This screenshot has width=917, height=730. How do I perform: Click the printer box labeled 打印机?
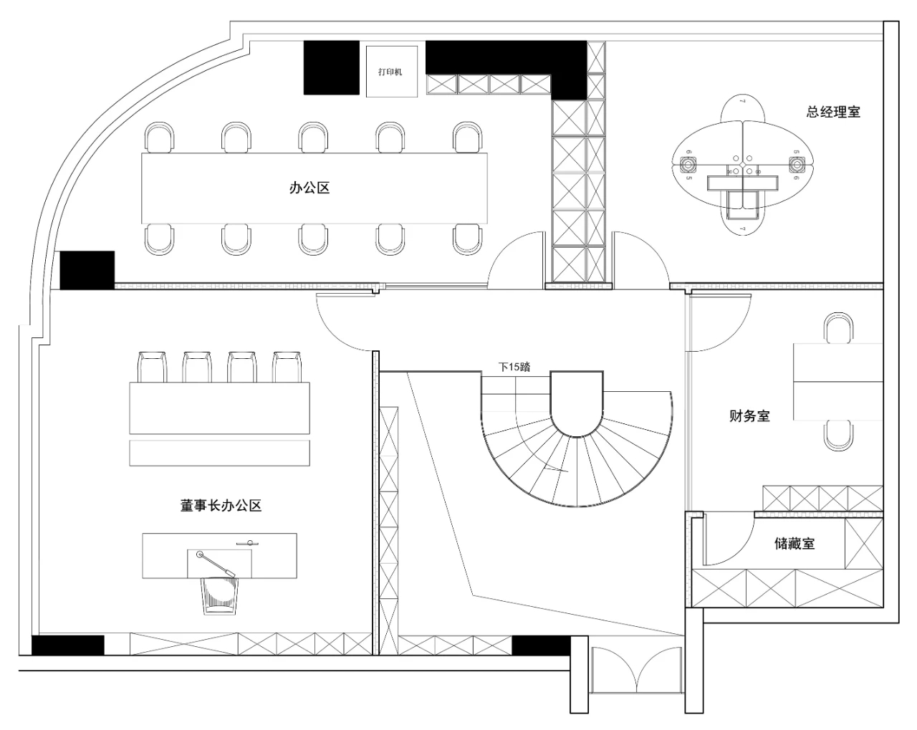[x=390, y=71]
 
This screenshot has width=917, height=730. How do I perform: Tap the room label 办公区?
[x=309, y=188]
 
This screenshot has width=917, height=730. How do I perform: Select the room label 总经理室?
[x=833, y=112]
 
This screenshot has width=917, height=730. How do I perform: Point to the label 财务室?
[x=749, y=416]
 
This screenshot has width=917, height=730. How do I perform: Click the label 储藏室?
[x=794, y=544]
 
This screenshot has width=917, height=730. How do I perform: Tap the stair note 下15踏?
[x=514, y=367]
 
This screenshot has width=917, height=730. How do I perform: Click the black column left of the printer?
[x=331, y=67]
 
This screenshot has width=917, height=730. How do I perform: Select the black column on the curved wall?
[x=87, y=270]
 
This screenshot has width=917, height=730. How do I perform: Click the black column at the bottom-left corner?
[x=68, y=645]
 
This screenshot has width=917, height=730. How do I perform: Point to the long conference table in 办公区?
[x=314, y=188]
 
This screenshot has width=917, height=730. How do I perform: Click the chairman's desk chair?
[x=220, y=594]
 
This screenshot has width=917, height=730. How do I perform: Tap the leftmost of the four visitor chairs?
[x=151, y=367]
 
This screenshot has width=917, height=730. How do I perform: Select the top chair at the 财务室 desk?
[x=838, y=328]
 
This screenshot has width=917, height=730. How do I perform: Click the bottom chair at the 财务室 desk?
[x=838, y=435]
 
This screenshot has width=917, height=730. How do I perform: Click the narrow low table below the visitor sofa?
[x=219, y=453]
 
